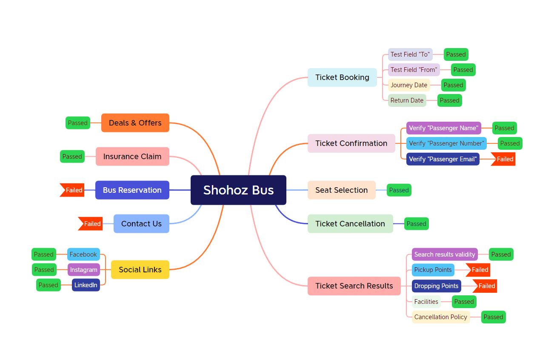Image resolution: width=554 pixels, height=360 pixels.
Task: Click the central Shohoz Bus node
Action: pos(238,190)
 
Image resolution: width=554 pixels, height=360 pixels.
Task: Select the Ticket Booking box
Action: pos(342,77)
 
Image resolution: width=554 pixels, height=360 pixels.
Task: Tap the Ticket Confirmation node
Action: pos(351,143)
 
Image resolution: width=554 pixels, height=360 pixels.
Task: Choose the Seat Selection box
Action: pos(341,190)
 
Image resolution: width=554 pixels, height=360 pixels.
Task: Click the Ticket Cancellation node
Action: pos(350,224)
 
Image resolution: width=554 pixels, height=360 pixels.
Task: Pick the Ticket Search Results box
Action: pos(354,286)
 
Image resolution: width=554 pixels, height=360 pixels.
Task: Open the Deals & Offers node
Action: pos(135,123)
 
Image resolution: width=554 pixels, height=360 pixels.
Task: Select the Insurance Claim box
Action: pos(132,157)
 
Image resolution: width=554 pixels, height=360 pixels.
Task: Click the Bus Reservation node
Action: pos(132,190)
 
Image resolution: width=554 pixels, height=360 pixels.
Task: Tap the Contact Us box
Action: pos(141,224)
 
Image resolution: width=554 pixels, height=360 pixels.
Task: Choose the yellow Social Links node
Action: pos(140,270)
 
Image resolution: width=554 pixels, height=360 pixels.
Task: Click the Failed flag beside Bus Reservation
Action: pos(73,190)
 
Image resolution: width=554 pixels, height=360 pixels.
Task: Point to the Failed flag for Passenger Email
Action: pos(504,159)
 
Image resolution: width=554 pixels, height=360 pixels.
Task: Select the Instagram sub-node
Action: pos(83,270)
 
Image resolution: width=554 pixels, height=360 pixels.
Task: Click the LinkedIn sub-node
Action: pos(86,285)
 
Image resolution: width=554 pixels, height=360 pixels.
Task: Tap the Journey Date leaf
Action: pos(408,85)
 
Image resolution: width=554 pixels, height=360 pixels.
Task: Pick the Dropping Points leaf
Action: pos(436,286)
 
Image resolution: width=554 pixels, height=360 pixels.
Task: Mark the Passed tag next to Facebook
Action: pos(44,254)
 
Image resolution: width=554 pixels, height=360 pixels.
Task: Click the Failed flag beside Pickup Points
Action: pos(479,270)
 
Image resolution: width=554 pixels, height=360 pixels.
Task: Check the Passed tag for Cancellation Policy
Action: pos(493,317)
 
